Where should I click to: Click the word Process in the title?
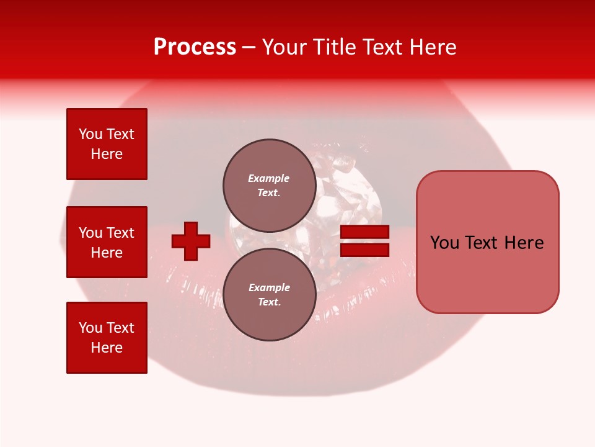[x=195, y=47]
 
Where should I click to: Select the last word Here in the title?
[x=434, y=47]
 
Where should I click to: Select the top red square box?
[x=107, y=144]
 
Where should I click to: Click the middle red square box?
[x=107, y=242]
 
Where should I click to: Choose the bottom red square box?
[x=107, y=338]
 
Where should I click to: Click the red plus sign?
[x=191, y=241]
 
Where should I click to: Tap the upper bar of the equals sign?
[x=364, y=232]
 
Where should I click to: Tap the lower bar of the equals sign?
[x=364, y=250]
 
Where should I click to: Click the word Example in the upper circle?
[x=269, y=178]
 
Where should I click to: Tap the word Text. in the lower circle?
[x=269, y=302]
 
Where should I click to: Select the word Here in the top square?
[x=107, y=154]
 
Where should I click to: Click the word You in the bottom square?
[x=91, y=328]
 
